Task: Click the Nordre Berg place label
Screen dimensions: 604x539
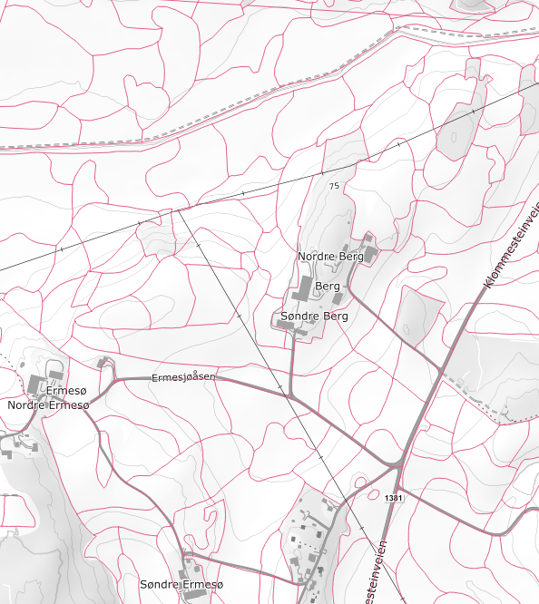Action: pos(330,257)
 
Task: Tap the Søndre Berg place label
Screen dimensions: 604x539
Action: pos(314,317)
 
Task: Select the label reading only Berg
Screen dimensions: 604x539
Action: pos(328,287)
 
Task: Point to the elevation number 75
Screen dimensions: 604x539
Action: pos(335,186)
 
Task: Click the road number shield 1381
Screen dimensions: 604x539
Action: pos(393,499)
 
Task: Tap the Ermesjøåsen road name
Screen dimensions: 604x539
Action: pos(184,377)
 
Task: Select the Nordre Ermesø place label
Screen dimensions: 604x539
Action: pos(48,404)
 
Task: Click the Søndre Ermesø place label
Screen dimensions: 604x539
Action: pos(181,585)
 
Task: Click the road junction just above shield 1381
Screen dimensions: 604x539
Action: pos(398,463)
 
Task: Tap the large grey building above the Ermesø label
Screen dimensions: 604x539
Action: pos(39,384)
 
